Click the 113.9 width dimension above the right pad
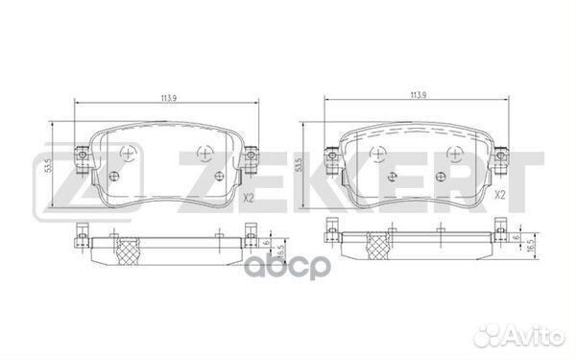417,95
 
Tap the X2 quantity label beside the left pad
246,199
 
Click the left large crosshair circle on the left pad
129,152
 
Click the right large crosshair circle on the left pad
204,152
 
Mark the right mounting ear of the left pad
252,153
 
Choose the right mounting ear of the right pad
501,153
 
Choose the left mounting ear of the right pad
331,153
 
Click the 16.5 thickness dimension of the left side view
274,249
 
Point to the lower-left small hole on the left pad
114,175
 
